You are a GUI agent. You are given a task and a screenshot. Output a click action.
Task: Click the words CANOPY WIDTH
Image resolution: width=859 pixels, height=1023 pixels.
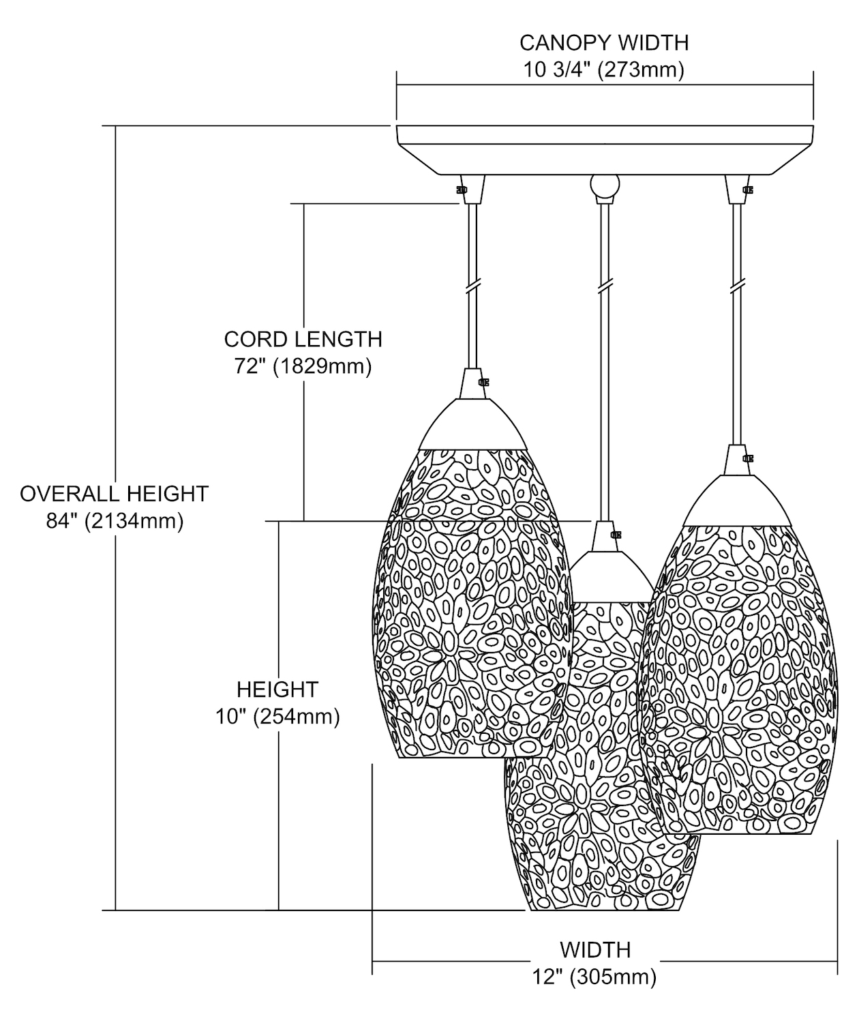point(604,42)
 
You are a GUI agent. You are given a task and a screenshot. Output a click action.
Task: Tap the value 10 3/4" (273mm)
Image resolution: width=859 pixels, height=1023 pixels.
point(604,70)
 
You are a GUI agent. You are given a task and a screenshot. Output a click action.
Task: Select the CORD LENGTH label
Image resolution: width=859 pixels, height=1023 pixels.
point(303,339)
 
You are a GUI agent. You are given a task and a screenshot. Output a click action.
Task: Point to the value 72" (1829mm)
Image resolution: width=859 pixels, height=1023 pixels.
point(303,367)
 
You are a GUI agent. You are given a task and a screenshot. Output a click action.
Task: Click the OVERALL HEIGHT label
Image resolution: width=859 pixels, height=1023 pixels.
point(114,493)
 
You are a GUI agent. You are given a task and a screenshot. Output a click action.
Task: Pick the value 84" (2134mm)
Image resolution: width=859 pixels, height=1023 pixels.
point(114,521)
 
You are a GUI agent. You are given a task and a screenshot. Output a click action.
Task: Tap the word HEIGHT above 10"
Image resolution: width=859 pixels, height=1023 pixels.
point(277,690)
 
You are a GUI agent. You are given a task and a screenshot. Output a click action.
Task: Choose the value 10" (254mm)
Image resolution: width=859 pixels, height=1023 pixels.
point(277,717)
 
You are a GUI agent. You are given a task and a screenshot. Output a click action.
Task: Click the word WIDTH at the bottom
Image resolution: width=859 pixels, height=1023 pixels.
point(595,949)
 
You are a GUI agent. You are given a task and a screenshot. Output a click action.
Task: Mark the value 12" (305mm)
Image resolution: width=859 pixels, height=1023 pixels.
point(595,977)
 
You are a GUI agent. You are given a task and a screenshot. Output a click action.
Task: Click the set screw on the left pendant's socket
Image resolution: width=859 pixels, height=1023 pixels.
point(485,383)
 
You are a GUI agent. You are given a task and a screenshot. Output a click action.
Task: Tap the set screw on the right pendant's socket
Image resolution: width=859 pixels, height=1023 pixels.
point(747,458)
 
